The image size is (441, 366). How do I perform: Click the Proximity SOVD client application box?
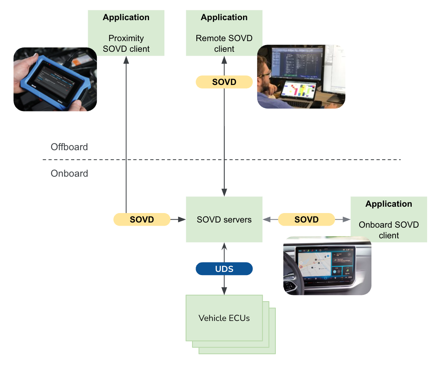click(126, 33)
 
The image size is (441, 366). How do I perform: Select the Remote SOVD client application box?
click(224, 33)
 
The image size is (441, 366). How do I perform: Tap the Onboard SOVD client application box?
click(389, 220)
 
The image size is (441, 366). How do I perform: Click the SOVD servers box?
click(224, 219)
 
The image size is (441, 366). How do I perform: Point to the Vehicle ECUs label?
click(224, 318)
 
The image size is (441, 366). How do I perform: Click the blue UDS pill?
click(224, 269)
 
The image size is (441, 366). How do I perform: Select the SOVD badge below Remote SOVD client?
click(224, 82)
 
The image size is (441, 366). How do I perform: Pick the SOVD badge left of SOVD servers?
click(141, 219)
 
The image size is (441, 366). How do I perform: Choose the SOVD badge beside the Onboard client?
click(306, 219)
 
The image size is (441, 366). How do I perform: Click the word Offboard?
click(69, 147)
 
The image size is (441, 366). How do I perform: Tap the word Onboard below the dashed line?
click(69, 174)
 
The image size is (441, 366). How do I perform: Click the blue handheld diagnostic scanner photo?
click(55, 79)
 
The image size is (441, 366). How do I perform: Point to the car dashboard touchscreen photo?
click(327, 266)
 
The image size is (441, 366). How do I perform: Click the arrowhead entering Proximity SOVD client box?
click(126, 59)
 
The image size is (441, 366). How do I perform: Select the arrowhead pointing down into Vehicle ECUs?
click(224, 291)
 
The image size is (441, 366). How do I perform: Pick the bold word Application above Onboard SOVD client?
click(389, 204)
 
